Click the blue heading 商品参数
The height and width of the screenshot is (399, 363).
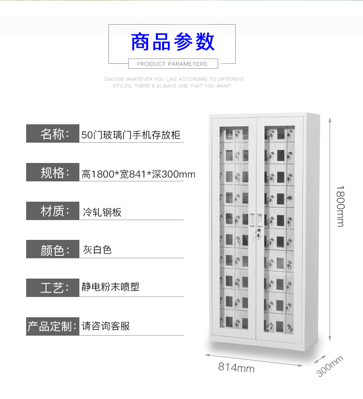(x=172, y=42)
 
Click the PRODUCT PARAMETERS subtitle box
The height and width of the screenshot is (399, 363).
(x=173, y=64)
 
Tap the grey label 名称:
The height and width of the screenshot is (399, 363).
(x=53, y=133)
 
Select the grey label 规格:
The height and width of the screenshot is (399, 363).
(x=53, y=172)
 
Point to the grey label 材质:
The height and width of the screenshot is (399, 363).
(x=53, y=211)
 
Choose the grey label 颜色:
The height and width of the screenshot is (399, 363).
(x=53, y=249)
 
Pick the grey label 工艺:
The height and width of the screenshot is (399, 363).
(x=53, y=288)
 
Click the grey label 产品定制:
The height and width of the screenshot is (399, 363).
(x=53, y=326)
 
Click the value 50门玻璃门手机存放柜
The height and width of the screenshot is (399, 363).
(x=131, y=135)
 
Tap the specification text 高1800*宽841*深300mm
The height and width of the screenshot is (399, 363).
(x=138, y=174)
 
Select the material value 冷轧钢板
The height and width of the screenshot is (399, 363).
(x=102, y=212)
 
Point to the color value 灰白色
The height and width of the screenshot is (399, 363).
(x=97, y=250)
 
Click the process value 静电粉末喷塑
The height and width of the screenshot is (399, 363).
(x=110, y=287)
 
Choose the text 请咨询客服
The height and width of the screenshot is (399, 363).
(x=106, y=326)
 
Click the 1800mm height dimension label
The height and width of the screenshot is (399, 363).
(x=340, y=206)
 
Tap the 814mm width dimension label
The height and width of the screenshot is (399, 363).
(x=236, y=368)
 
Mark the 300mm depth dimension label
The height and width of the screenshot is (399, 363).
(x=330, y=366)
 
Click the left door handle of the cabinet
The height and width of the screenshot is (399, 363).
(x=252, y=220)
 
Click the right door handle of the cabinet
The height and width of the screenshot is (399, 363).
(x=259, y=220)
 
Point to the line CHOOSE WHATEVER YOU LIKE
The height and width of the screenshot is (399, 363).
(x=174, y=79)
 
